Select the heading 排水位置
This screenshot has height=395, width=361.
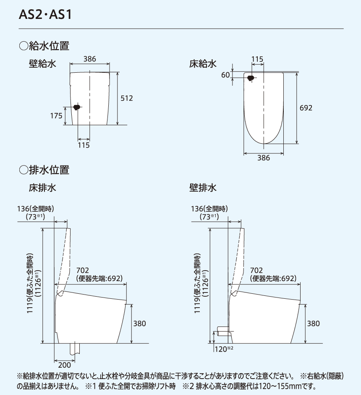tap(44, 170)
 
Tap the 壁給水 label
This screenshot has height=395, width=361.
tap(42, 64)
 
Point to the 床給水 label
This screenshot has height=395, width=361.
tap(203, 64)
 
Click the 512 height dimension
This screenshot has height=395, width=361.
tap(126, 98)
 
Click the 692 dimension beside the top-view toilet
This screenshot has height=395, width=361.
tap(306, 108)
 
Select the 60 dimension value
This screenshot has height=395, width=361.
tap(225, 75)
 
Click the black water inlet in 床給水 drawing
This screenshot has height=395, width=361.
tap(251, 78)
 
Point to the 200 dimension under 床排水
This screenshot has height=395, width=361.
tap(65, 364)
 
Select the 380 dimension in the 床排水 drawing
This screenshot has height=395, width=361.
tap(139, 324)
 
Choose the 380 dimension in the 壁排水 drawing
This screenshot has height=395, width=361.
tap(313, 324)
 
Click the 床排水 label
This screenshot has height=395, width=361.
tap(42, 187)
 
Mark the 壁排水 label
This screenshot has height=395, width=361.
tap(203, 187)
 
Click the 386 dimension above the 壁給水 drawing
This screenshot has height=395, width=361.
tap(89, 59)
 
